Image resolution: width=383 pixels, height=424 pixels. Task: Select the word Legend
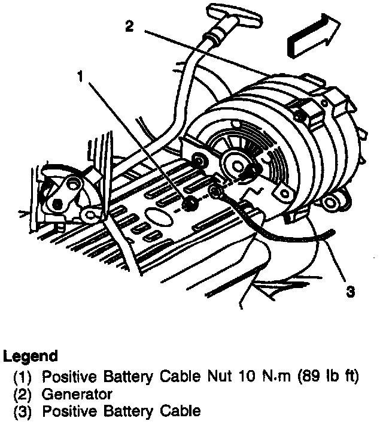pos(31,356)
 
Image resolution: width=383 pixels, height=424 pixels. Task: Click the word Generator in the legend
pos(77,395)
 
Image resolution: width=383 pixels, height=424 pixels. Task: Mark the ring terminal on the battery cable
pos(217,193)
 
